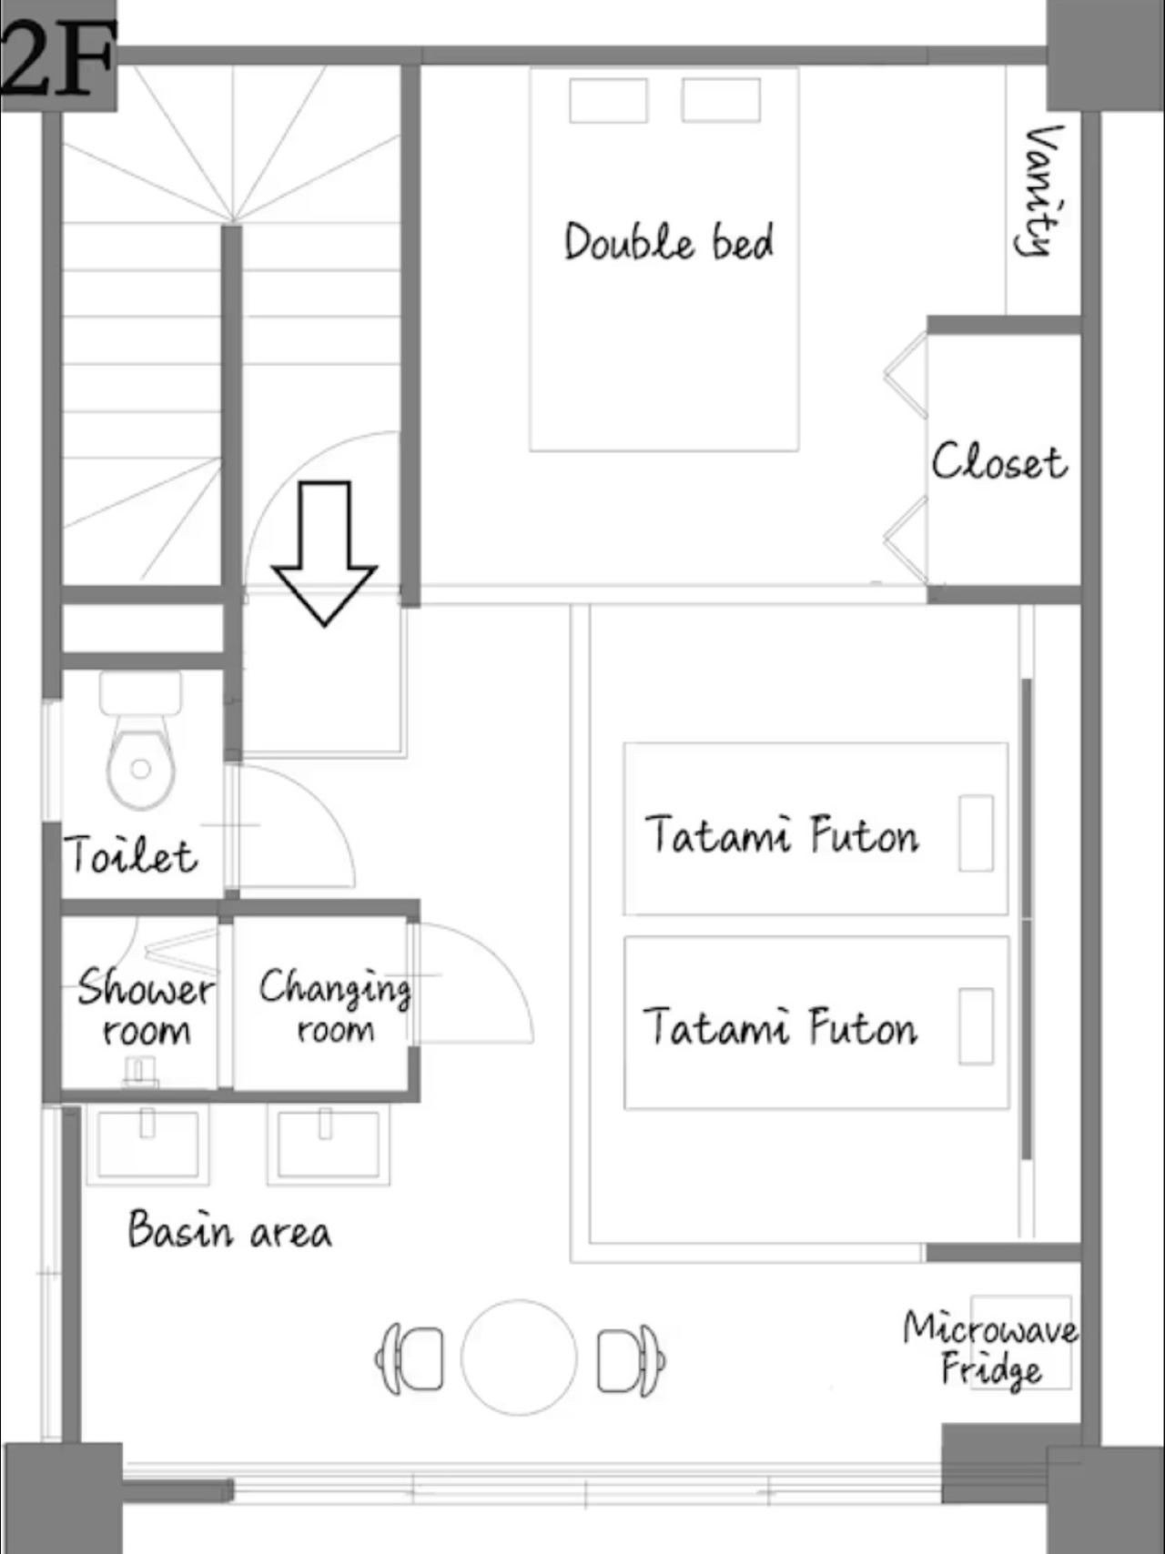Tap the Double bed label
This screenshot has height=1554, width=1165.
pos(669,242)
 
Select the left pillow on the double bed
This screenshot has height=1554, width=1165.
pos(609,100)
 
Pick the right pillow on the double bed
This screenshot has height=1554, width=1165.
pos(721,100)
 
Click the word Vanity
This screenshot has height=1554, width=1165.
pos(1039,190)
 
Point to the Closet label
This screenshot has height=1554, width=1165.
pos(998,461)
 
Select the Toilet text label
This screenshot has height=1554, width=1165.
pos(130,855)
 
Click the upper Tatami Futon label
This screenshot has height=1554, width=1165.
pos(782,835)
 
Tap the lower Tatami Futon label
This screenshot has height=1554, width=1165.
pos(780,1027)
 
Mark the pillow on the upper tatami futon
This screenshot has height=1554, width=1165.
pos(976,833)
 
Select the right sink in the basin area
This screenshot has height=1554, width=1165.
pos(326,1145)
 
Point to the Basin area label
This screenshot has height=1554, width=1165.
pos(229,1230)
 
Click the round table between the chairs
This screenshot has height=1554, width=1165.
pos(519,1356)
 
